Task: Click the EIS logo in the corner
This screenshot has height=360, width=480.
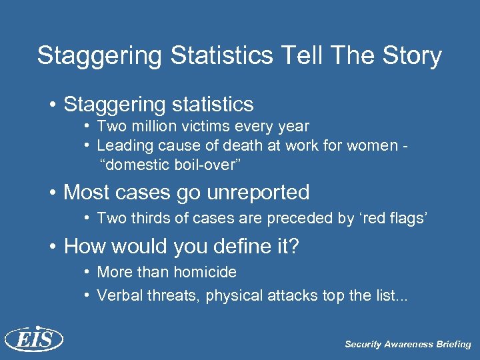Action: [x=33, y=339]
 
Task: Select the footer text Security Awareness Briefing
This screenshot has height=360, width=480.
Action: [x=407, y=345]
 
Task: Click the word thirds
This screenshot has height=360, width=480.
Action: [x=147, y=218]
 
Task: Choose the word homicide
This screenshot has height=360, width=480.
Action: [x=205, y=273]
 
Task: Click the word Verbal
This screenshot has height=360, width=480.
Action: [x=118, y=295]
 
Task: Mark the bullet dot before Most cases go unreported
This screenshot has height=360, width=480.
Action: [x=53, y=193]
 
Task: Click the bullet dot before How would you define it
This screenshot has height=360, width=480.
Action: [x=53, y=248]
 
